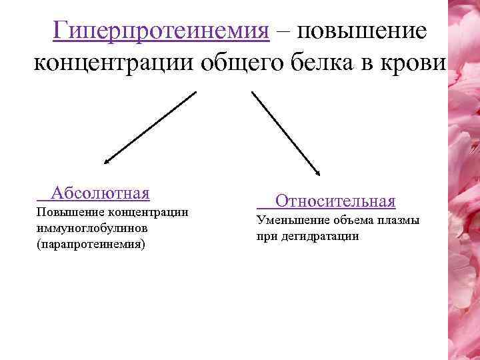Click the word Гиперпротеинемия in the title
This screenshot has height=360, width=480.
pyautogui.click(x=161, y=31)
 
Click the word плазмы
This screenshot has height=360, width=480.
pyautogui.click(x=399, y=220)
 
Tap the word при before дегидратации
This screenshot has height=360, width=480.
pyautogui.click(x=265, y=236)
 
